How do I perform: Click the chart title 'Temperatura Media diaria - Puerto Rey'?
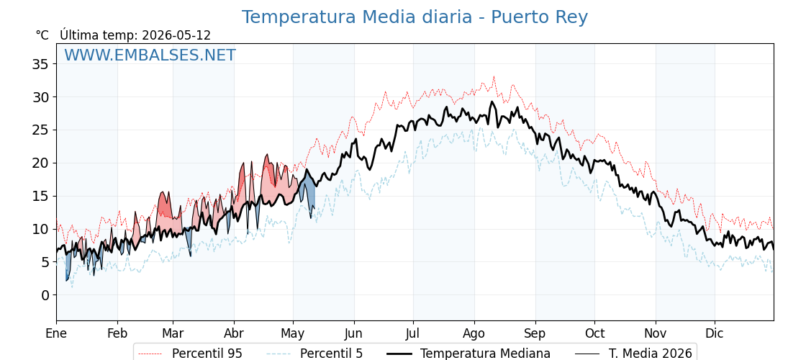point(415,17)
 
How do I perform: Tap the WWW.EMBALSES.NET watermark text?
point(150,55)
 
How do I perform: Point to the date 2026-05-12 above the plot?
point(176,35)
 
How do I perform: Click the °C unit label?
point(42,35)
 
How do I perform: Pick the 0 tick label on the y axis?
point(45,295)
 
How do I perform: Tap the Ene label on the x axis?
point(57,333)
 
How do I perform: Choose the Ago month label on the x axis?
point(474,333)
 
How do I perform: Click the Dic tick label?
point(715,333)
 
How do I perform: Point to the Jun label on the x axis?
point(353,333)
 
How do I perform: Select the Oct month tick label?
point(594,333)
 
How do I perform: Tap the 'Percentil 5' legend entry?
point(315,354)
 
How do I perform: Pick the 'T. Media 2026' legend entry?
point(634,354)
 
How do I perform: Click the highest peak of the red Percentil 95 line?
point(494,77)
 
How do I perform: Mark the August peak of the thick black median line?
point(492,102)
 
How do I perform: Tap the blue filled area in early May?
point(307,185)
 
